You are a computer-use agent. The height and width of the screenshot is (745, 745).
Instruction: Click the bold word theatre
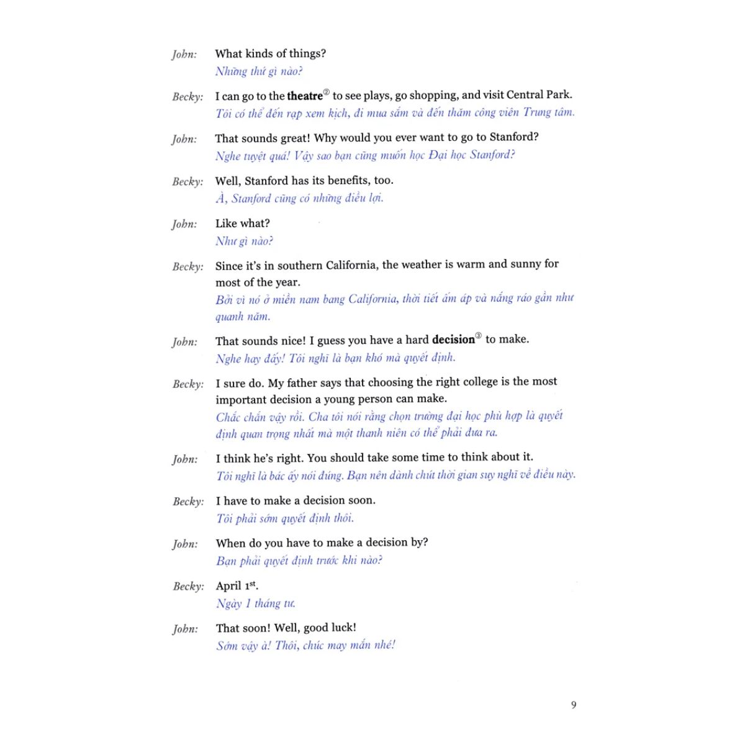(x=305, y=96)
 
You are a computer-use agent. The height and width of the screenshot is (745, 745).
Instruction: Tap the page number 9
(x=574, y=705)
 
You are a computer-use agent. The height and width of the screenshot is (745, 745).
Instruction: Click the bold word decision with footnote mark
(x=453, y=340)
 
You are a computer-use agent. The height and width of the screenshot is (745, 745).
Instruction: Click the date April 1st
(x=237, y=585)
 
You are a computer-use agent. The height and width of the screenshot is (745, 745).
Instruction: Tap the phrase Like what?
(x=242, y=223)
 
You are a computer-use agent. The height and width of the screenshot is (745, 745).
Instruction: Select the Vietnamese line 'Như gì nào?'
(x=244, y=241)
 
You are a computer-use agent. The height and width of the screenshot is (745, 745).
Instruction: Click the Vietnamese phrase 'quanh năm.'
(x=243, y=317)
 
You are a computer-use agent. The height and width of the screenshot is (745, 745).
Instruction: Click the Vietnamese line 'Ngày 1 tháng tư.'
(x=255, y=603)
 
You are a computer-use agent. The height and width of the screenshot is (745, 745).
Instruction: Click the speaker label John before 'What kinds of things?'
(x=184, y=55)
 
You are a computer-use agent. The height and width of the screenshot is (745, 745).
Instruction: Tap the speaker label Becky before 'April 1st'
(x=188, y=586)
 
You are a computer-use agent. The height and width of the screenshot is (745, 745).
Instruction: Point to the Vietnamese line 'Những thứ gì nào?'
(x=259, y=71)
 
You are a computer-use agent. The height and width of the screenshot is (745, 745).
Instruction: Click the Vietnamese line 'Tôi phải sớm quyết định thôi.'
(x=285, y=518)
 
